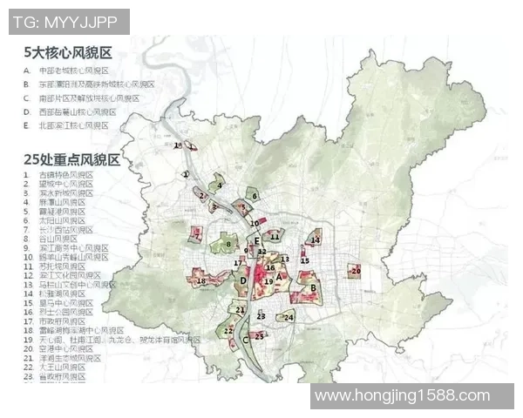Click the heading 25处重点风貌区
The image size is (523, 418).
(72, 160)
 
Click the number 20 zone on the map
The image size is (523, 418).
(354, 272)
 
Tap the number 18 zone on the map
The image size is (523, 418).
(201, 280)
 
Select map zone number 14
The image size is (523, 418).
(316, 240)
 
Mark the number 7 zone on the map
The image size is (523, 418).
(198, 234)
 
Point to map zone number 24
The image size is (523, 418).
(289, 318)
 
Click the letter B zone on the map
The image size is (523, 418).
(312, 287)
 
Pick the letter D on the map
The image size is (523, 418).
(243, 280)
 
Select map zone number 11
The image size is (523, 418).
(275, 236)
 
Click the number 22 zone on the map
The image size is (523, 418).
(228, 331)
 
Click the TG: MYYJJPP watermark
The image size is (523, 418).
(70, 22)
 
